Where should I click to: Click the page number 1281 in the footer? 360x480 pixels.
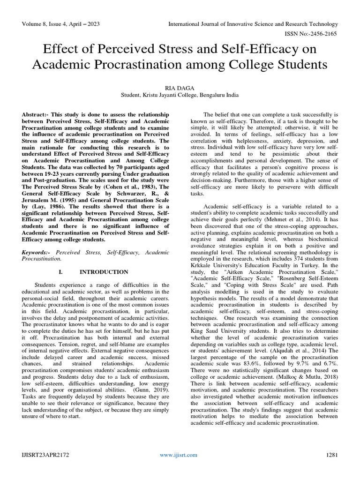[x=331, y=455]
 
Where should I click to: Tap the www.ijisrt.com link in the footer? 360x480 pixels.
[x=179, y=455]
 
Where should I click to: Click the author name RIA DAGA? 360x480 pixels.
[x=180, y=87]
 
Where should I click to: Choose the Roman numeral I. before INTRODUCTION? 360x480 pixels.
[x=61, y=271]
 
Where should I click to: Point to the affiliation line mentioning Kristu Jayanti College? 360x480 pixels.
[x=180, y=95]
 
